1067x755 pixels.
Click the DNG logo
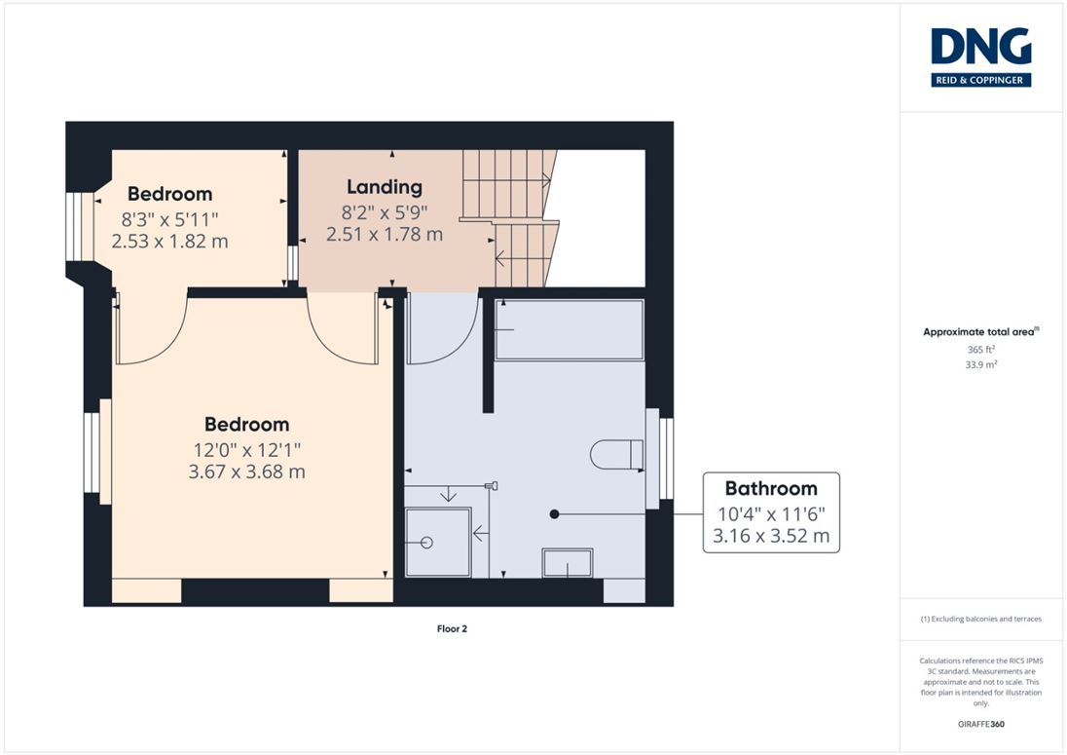click(x=980, y=57)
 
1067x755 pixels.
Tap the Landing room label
click(x=385, y=186)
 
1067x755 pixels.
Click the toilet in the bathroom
click(x=616, y=454)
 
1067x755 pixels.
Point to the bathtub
click(x=569, y=329)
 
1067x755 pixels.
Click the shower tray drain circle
click(x=426, y=543)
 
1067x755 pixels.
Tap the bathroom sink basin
click(x=568, y=563)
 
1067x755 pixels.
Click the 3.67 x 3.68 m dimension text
click(x=246, y=472)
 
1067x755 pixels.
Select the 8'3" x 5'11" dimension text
click(x=169, y=219)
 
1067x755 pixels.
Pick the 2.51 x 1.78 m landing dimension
click(x=385, y=234)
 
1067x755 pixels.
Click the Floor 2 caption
click(x=452, y=629)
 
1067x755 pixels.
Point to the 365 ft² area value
click(x=980, y=349)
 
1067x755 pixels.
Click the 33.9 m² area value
click(x=980, y=364)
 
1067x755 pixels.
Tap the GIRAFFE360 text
click(x=980, y=725)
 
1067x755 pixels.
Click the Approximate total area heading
click(x=980, y=332)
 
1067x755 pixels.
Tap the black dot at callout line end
click(x=554, y=514)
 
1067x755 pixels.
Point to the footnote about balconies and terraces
click(x=980, y=619)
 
